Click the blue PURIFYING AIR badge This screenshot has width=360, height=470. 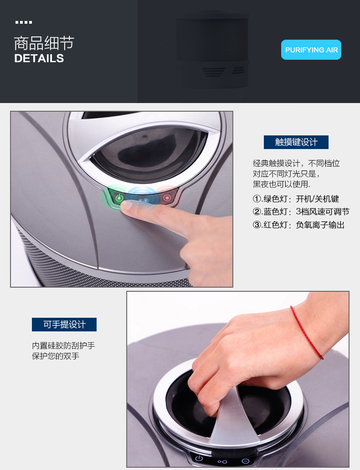coord(311,50)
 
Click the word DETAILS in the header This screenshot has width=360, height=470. coord(39,58)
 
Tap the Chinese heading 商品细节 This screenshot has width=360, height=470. coord(44,43)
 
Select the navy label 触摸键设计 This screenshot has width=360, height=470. coord(296,142)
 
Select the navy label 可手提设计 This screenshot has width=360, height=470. coord(64,325)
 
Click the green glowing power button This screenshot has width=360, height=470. coord(119,198)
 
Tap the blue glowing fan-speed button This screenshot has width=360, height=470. coord(143,199)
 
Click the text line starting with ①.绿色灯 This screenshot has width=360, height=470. coord(296,199)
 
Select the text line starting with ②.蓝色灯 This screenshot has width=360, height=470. coord(301,212)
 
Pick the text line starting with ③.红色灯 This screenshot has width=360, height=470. coord(298,225)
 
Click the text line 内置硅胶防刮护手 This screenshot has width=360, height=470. coord(63,346)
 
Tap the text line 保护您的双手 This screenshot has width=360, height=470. coord(56,356)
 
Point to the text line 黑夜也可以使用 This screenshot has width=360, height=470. coord(282,184)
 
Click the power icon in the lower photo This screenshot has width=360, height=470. coord(199,459)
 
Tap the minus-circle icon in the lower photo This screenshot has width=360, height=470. coord(245,461)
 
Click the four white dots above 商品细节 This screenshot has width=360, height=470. coord(24,22)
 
